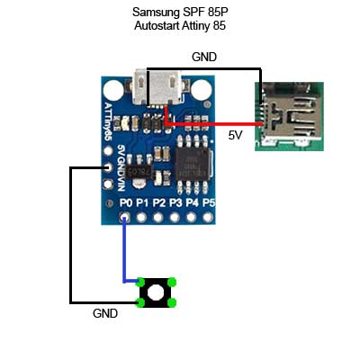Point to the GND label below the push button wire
tap(105, 315)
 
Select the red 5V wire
tap(216, 124)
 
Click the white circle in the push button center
tap(156, 292)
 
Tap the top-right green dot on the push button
tap(171, 281)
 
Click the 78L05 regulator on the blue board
tap(140, 168)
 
